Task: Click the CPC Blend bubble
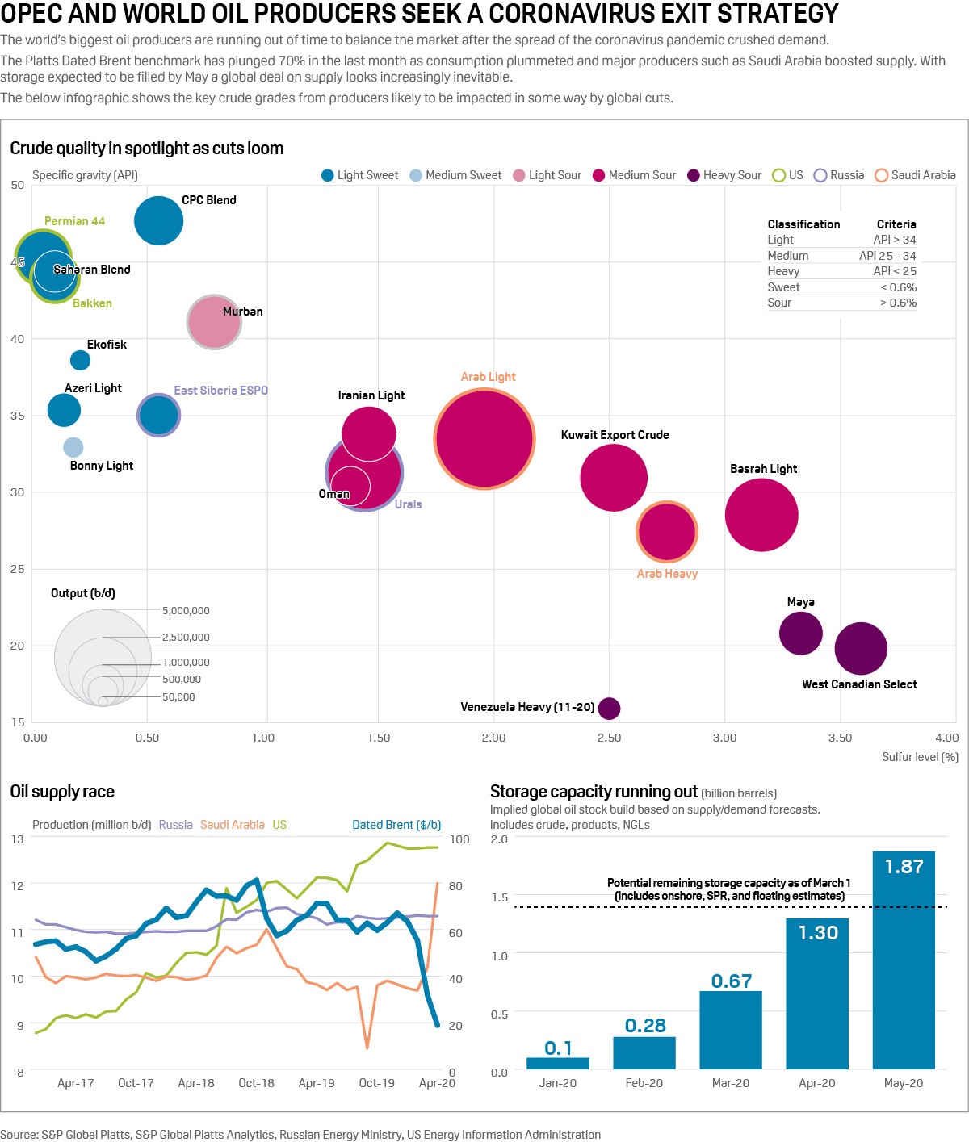[x=158, y=220]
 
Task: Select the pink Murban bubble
[x=214, y=322]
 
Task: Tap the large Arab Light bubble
[x=484, y=439]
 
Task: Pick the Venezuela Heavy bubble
[x=610, y=708]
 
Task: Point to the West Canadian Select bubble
[x=861, y=648]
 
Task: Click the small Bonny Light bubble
[x=73, y=447]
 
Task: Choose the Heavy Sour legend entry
[x=724, y=175]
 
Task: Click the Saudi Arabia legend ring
[x=882, y=175]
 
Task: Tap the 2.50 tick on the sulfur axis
[x=609, y=738]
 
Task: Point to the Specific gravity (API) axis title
[x=85, y=175]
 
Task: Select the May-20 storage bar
[x=904, y=960]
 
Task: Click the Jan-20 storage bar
[x=558, y=1063]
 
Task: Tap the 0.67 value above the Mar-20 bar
[x=732, y=981]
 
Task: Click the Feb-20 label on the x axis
[x=644, y=1083]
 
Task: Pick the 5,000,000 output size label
[x=186, y=611]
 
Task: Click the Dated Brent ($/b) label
[x=396, y=825]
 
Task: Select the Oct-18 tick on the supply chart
[x=256, y=1083]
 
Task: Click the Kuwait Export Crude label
[x=615, y=435]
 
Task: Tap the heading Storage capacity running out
[x=594, y=792]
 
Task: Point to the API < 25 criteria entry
[x=895, y=271]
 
